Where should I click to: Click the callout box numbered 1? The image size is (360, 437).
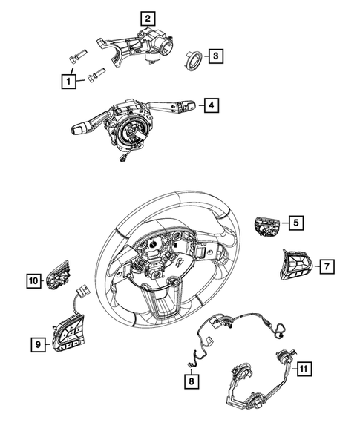point(68,80)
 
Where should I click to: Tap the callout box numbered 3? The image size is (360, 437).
point(214,56)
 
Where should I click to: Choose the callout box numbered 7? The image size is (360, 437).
point(324,265)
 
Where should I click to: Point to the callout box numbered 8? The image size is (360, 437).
point(192,382)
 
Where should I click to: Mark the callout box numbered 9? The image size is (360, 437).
point(35,344)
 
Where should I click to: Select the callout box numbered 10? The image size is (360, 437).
point(33,280)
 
